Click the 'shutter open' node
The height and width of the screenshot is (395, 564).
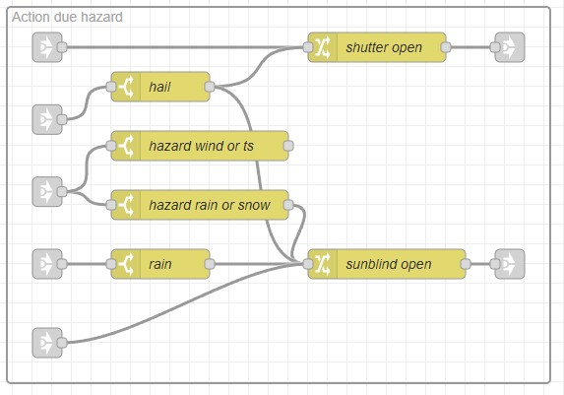(x=377, y=47)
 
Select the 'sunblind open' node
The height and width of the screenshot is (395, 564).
(x=387, y=264)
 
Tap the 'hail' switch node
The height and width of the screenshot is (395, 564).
(x=160, y=87)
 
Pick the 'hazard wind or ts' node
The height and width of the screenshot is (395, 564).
(x=200, y=146)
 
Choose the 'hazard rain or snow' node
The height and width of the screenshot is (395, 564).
(x=200, y=205)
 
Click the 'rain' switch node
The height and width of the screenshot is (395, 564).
(x=160, y=264)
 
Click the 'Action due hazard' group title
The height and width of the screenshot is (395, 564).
(x=67, y=17)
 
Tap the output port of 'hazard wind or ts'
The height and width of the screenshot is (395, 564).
(x=288, y=146)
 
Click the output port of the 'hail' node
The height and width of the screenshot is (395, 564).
(x=210, y=87)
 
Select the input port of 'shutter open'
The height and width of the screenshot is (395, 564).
(x=308, y=47)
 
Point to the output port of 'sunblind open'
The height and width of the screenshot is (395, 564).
(x=466, y=264)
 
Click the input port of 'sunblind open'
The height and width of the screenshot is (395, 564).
(x=308, y=264)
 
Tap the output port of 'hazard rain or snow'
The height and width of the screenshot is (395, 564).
(x=288, y=205)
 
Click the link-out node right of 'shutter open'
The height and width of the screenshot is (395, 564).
(x=510, y=47)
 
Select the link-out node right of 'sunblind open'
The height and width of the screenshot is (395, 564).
(x=510, y=264)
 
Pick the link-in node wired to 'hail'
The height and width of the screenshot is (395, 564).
(x=47, y=119)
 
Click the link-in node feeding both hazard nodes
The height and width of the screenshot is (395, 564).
(x=47, y=191)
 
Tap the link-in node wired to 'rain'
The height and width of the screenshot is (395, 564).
(x=47, y=264)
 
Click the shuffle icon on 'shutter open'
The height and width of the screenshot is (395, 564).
(x=323, y=47)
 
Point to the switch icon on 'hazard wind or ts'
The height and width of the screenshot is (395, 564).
(x=126, y=146)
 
